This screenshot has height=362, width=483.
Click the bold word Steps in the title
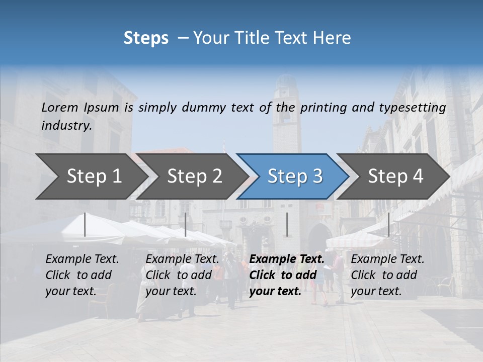point(146,38)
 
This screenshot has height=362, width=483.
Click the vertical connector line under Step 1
point(85,224)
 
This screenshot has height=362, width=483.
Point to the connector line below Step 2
point(186,224)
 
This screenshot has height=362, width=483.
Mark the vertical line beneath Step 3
point(287,224)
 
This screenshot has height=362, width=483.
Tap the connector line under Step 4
point(389,224)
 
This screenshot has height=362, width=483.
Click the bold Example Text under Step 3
point(287,259)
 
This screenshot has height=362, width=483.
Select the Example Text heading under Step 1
point(82,259)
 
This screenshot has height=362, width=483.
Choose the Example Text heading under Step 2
point(182,259)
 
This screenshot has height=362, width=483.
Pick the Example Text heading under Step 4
point(387,259)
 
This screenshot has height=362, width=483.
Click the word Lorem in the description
point(60,107)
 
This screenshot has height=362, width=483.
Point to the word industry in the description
point(66,126)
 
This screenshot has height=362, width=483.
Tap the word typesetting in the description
point(415,107)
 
